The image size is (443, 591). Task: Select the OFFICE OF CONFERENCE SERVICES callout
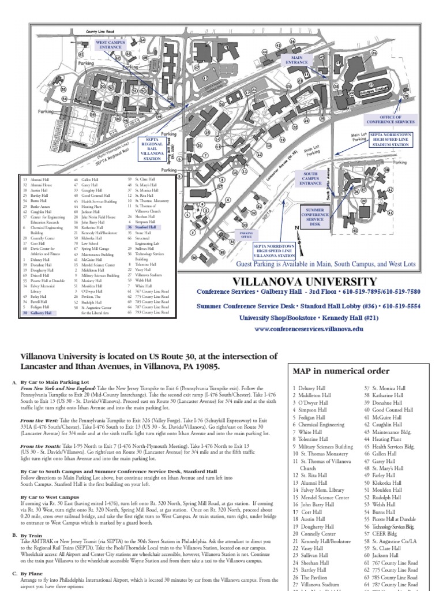coord(390,120)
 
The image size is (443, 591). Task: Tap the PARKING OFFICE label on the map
coord(246,235)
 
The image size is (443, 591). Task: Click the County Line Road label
coord(100,31)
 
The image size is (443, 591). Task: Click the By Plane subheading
coord(34,574)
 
